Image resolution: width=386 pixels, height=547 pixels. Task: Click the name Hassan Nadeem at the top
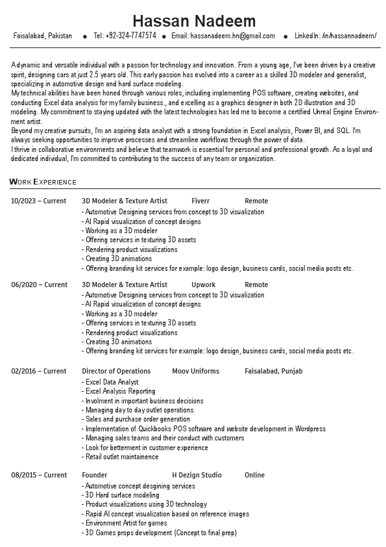[194, 21]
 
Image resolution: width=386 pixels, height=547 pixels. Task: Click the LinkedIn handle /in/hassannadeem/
[349, 36]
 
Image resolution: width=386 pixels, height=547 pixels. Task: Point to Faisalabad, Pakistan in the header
[43, 36]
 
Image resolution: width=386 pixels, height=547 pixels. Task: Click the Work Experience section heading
[43, 182]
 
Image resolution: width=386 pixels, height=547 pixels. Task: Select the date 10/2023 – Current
[38, 201]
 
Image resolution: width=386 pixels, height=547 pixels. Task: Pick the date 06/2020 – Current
[38, 285]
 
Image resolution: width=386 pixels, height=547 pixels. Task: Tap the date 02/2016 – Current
[38, 372]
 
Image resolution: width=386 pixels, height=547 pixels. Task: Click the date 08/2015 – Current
[38, 475]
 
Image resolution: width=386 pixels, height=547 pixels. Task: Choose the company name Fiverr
[200, 201]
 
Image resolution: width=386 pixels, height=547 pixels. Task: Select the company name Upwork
[203, 285]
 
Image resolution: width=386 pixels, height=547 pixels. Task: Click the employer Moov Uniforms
[195, 372]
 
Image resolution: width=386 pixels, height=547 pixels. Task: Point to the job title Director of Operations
[116, 372]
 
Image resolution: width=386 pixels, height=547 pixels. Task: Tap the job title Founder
[95, 475]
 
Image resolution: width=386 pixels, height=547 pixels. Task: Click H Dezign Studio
[197, 475]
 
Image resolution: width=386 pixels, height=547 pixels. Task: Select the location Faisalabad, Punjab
[273, 372]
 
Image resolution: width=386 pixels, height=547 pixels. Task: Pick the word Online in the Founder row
[254, 475]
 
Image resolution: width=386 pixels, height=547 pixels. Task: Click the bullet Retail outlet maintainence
[121, 457]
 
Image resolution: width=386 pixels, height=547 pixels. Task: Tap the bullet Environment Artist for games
[126, 523]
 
